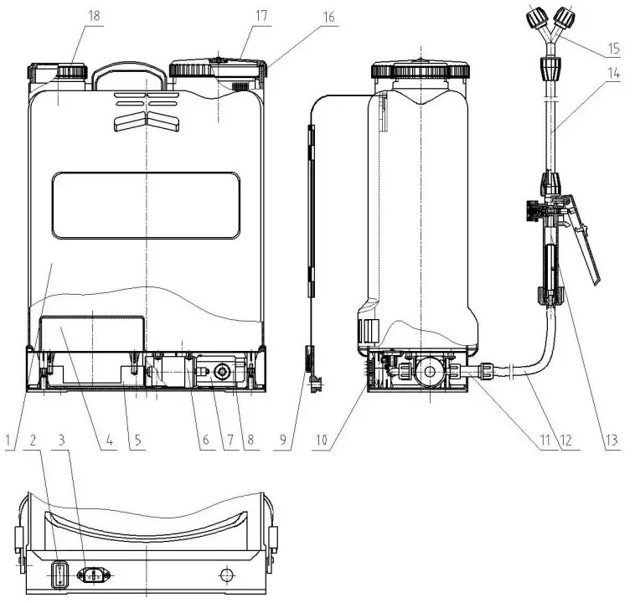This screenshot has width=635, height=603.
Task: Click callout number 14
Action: click(614, 75)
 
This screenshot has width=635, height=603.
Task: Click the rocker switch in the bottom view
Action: click(59, 575)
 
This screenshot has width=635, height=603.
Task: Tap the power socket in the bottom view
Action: click(95, 575)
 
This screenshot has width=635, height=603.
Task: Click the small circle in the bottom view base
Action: click(225, 576)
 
